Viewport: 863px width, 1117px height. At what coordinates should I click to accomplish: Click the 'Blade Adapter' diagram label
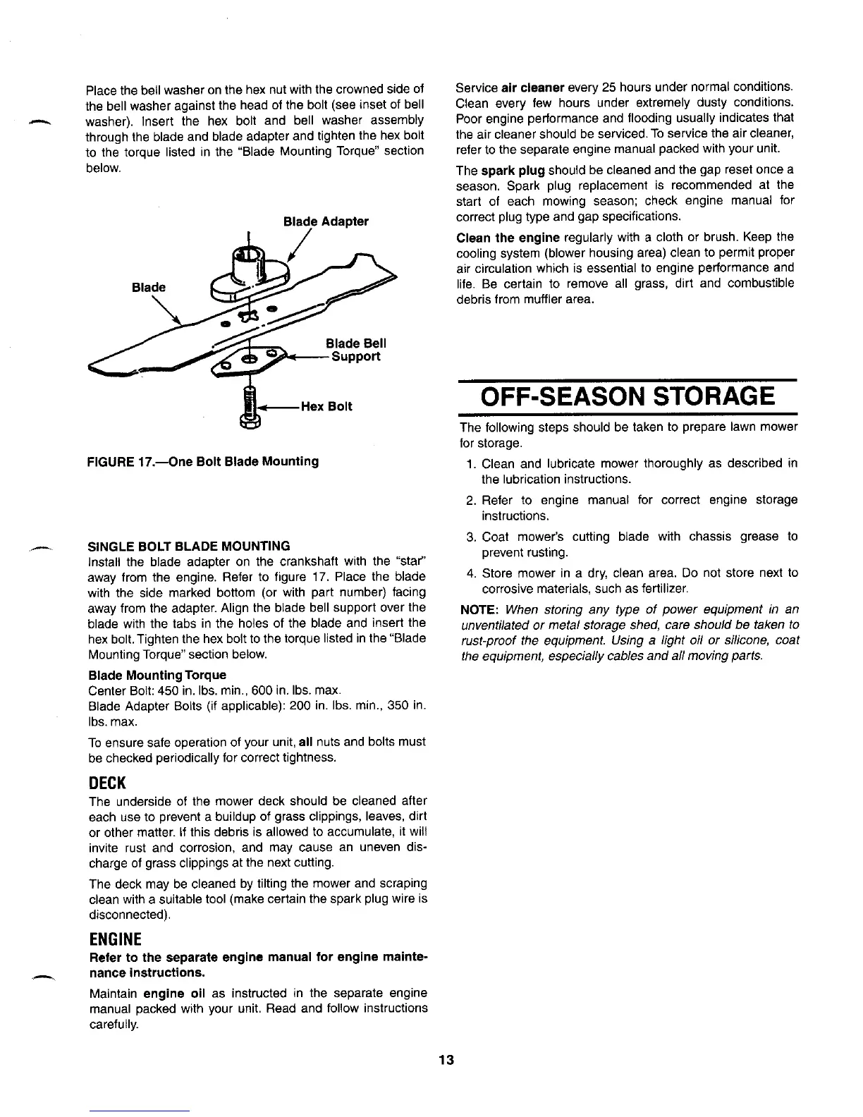(x=326, y=221)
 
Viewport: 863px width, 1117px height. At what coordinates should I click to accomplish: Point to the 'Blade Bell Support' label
(x=355, y=350)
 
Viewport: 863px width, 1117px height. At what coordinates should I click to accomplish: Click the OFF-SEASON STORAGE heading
(x=628, y=396)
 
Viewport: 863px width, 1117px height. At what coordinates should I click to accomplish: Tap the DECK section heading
(x=106, y=783)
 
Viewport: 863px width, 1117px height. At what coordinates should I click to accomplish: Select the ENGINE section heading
(x=115, y=939)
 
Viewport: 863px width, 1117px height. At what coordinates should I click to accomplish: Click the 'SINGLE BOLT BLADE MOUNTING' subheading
(x=188, y=546)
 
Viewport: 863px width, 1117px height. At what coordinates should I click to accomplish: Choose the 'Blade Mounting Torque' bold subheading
(x=157, y=675)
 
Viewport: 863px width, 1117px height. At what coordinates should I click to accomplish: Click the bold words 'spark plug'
(x=513, y=170)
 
